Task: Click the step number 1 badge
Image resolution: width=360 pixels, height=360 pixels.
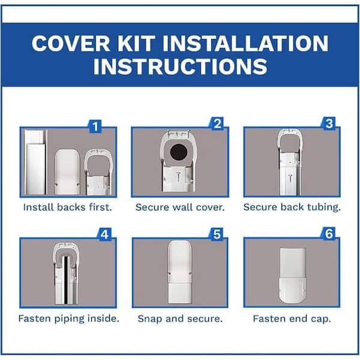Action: [95, 126]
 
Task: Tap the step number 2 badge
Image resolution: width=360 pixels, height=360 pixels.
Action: [217, 124]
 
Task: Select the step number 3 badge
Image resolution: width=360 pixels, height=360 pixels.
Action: [329, 124]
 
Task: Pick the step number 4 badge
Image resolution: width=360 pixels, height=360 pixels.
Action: [104, 235]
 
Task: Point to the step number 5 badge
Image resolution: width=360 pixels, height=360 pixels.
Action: [217, 235]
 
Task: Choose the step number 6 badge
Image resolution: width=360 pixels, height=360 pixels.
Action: [329, 234]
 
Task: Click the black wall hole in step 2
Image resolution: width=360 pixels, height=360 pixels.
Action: [179, 152]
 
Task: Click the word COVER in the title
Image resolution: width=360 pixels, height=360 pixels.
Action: [71, 43]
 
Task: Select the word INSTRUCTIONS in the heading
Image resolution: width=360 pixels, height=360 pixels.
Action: [180, 67]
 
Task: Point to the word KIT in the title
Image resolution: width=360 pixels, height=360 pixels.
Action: [136, 43]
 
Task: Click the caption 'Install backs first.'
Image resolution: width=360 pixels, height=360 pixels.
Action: [67, 208]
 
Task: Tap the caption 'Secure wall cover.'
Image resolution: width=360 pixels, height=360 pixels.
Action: [180, 208]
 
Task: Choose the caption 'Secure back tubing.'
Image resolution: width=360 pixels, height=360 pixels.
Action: [292, 208]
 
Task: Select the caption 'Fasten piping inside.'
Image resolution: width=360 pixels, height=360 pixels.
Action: [69, 319]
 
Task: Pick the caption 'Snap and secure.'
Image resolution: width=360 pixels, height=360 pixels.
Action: [180, 319]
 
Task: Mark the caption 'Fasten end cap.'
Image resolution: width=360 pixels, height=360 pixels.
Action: [292, 319]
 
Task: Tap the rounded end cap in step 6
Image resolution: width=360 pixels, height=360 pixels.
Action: [293, 290]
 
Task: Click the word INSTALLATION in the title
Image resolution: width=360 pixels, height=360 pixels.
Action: [245, 43]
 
